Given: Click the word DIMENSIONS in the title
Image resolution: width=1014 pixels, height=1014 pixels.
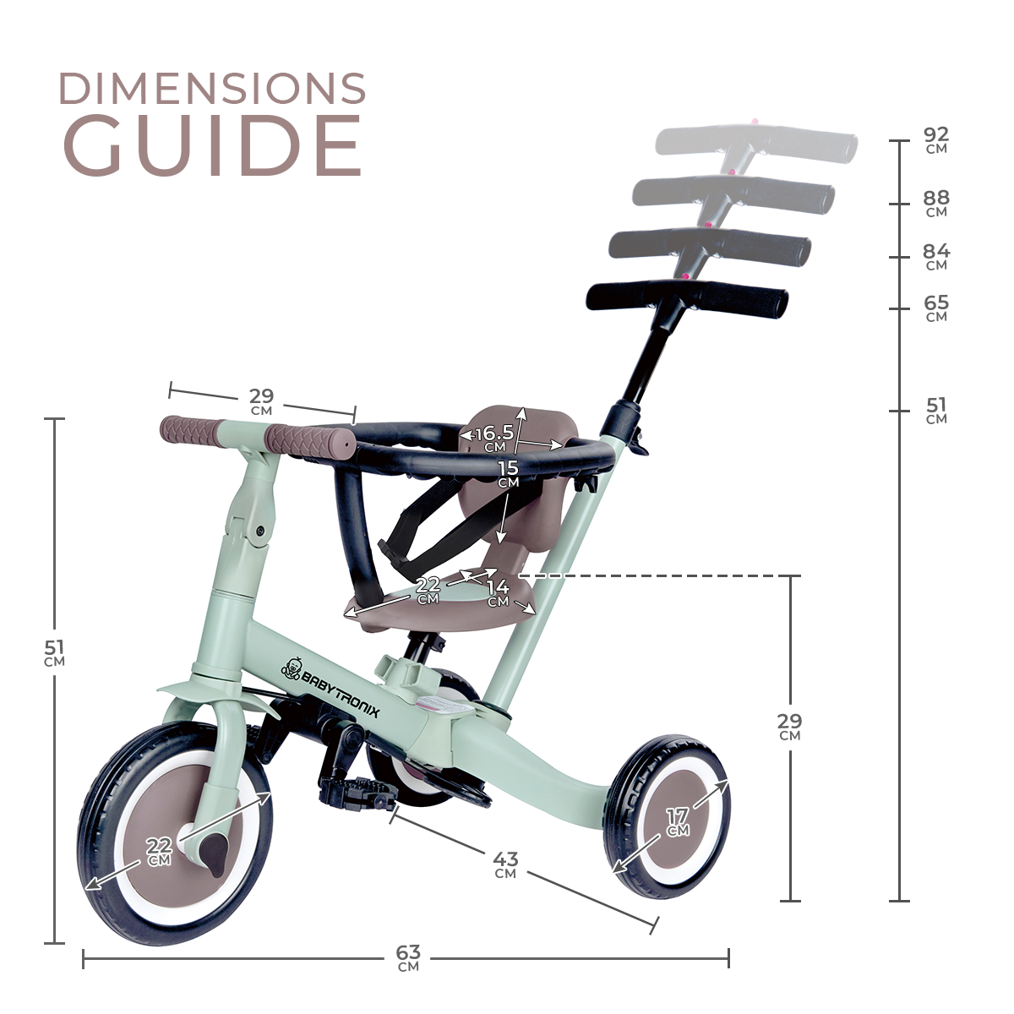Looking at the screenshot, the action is (x=213, y=88).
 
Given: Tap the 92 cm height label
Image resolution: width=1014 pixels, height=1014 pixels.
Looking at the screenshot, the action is (x=936, y=140).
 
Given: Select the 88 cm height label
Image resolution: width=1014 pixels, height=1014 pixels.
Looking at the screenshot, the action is (x=936, y=204).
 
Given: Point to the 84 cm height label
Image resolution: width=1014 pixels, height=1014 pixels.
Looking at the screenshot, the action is (x=936, y=257).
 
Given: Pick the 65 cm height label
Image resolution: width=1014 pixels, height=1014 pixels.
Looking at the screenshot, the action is (x=936, y=308).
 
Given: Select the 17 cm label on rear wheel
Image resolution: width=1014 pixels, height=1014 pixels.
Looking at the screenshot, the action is (x=678, y=822).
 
